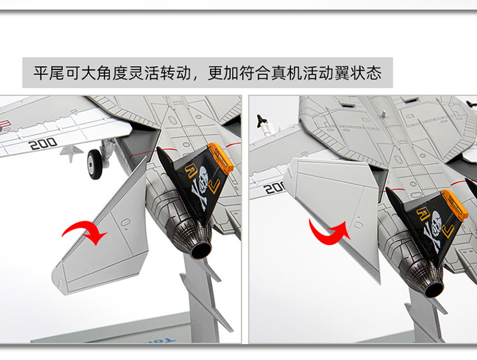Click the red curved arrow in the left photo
coord(85,232)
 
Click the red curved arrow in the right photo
coord(329,230)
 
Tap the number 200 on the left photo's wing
coord(43,144)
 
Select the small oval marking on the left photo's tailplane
coord(125,222)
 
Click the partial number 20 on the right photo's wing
coord(273,187)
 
